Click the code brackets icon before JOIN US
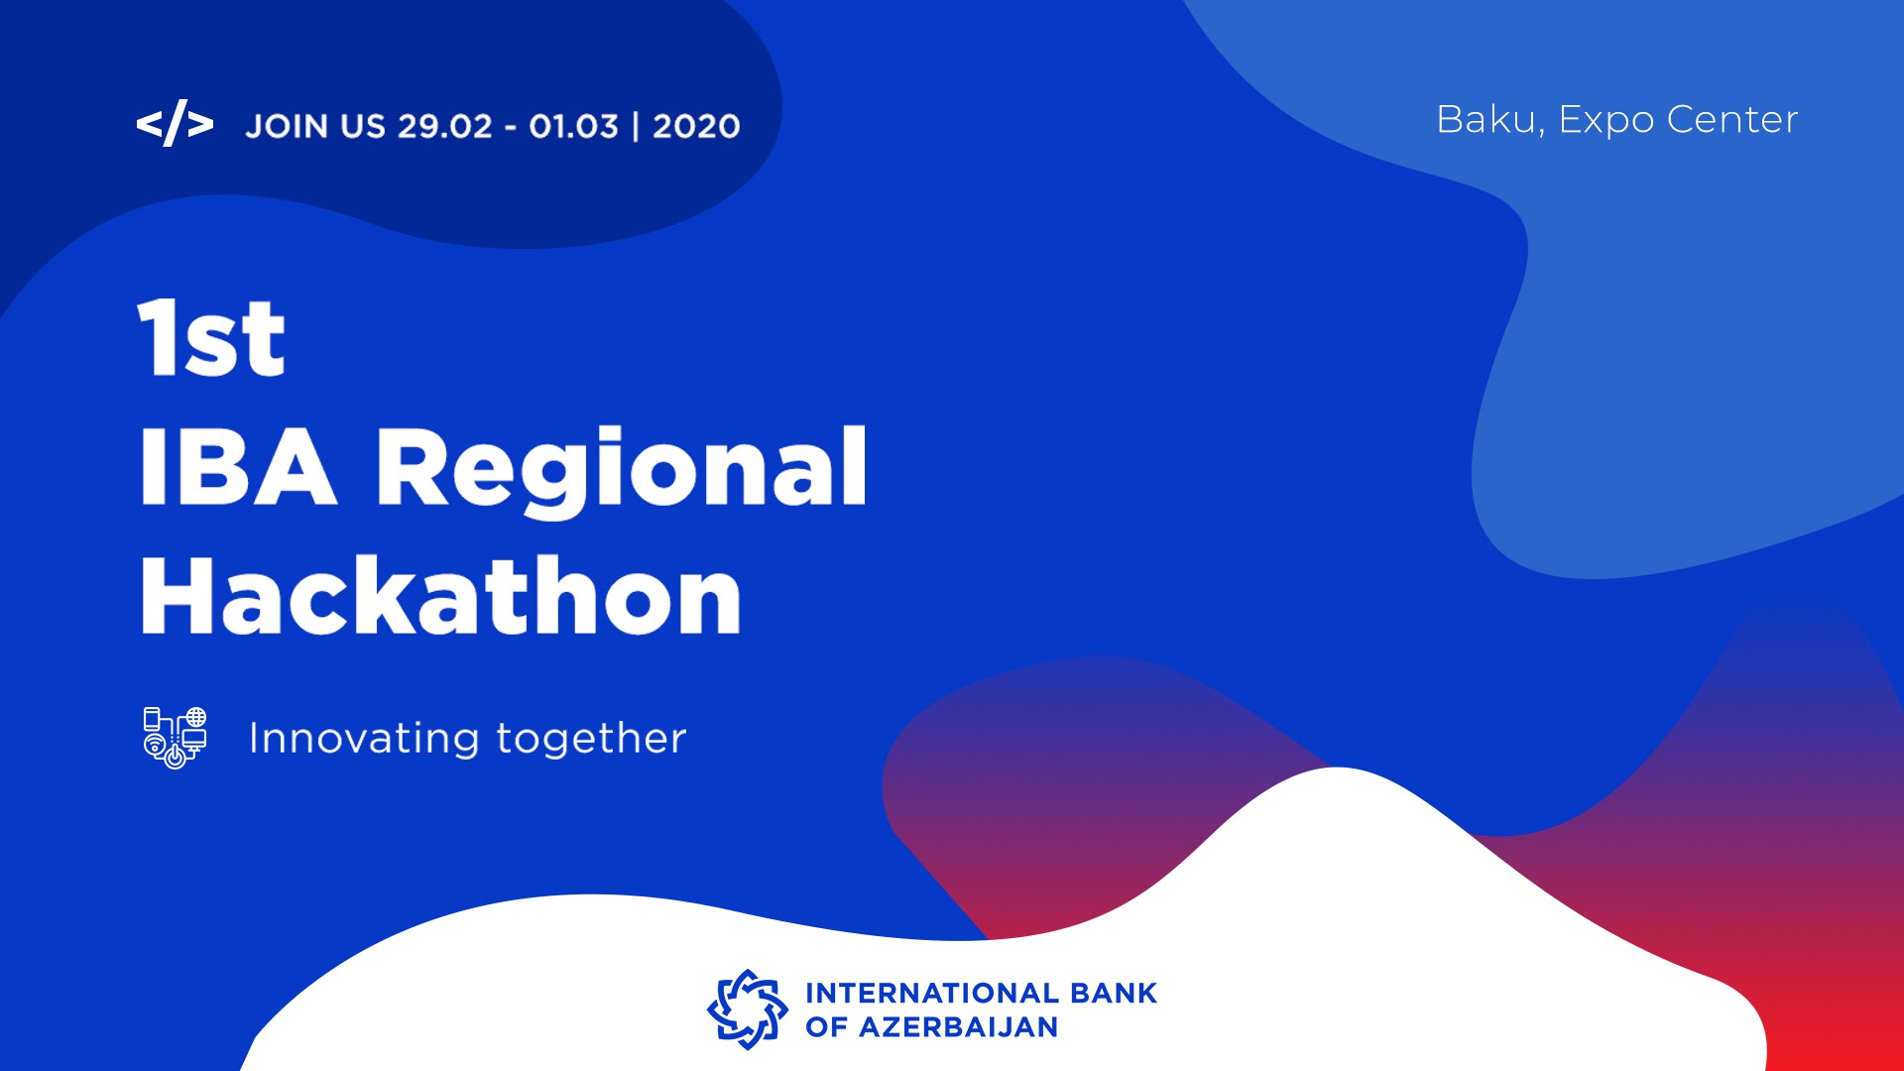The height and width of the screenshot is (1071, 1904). [x=175, y=124]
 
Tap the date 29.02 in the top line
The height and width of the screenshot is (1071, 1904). [x=445, y=127]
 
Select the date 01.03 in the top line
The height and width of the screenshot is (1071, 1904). [x=573, y=127]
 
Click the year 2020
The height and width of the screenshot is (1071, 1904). [x=696, y=127]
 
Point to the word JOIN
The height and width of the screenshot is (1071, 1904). [x=287, y=127]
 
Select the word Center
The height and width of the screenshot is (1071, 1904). [x=1732, y=120]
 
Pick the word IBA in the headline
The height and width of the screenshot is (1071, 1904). [x=238, y=467]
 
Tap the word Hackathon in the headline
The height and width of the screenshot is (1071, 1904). [x=441, y=594]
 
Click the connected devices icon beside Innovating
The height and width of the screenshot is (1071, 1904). [x=176, y=738]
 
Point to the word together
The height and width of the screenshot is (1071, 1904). [x=591, y=739]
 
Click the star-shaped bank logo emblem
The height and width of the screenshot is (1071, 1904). [x=747, y=1010]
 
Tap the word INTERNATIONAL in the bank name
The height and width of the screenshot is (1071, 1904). [x=931, y=993]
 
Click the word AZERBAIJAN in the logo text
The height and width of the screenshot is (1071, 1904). [x=958, y=1027]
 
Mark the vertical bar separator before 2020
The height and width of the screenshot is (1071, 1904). [x=636, y=127]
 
